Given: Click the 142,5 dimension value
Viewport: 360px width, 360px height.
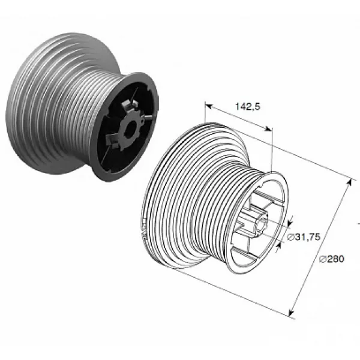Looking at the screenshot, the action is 248,107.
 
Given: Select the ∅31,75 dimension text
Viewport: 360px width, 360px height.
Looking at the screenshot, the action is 304,237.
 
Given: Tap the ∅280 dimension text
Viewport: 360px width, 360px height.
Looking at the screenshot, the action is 332,259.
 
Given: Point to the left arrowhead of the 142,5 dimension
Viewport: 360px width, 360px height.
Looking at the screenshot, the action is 208,106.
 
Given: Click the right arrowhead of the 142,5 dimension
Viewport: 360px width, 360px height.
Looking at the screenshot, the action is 269,129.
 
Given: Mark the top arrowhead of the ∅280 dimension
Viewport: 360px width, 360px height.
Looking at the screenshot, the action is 349,182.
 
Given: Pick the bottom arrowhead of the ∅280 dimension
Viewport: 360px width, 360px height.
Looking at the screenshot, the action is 291,313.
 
